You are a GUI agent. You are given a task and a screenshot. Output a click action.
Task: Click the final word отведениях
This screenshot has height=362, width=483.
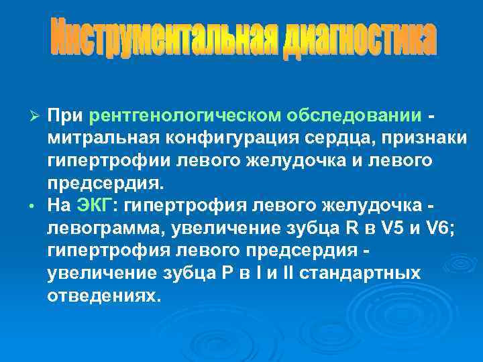104,296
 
